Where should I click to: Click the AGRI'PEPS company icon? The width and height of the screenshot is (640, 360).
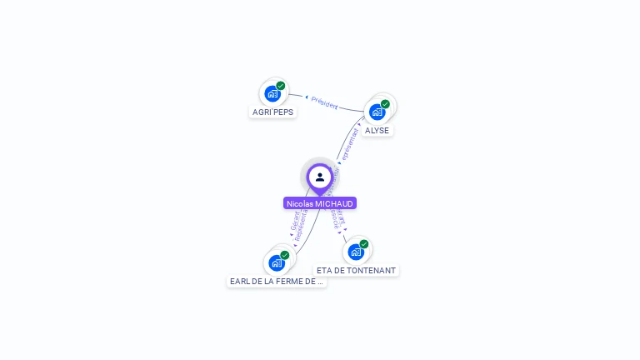[x=272, y=93]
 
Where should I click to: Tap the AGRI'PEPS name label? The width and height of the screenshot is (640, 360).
[x=272, y=112]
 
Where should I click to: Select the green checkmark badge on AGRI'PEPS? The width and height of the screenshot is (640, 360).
[x=281, y=86]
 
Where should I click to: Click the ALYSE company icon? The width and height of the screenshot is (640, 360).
[x=377, y=112]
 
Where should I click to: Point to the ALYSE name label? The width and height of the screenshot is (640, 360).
[x=377, y=130]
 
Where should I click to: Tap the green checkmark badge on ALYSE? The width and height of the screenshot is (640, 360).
[x=385, y=104]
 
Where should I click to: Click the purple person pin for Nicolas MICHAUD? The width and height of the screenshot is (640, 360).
[x=319, y=177]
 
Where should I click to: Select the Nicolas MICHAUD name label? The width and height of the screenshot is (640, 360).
[x=320, y=203]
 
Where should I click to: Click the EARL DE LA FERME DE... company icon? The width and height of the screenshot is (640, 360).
[x=277, y=262]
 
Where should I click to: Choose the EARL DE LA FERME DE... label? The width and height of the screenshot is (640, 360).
[x=277, y=282]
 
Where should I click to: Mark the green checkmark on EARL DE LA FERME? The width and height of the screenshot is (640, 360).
[x=285, y=255]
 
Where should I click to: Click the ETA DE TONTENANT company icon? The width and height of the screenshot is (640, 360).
[x=356, y=252]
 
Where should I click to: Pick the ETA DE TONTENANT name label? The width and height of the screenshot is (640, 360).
[x=356, y=270]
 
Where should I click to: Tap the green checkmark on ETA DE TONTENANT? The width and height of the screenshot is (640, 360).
[x=364, y=244]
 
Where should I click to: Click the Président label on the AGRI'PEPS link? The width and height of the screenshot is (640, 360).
[x=324, y=103]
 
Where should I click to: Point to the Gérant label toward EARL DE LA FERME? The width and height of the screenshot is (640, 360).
[x=295, y=220]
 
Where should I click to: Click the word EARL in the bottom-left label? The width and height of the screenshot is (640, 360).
[x=239, y=282]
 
